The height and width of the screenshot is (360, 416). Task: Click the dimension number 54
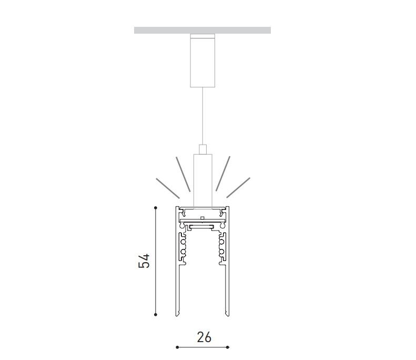[144, 261]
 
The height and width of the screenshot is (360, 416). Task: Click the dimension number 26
[204, 337]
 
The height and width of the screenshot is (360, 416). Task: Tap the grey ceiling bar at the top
[202, 31]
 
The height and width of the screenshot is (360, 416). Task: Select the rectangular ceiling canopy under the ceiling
[202, 61]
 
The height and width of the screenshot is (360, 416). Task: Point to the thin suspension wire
[202, 116]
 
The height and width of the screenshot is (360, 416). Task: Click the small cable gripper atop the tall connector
[202, 149]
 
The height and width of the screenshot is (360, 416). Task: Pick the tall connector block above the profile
[202, 181]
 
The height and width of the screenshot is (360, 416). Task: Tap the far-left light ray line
[168, 188]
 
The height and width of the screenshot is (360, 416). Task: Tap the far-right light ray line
[238, 188]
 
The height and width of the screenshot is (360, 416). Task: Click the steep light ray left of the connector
[183, 174]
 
